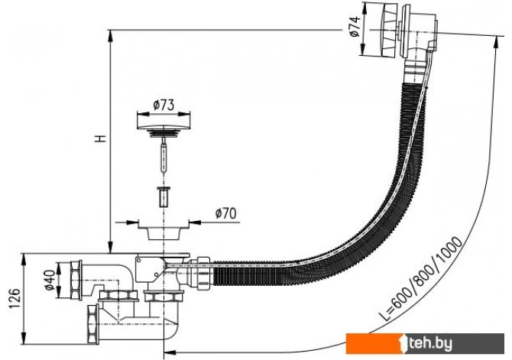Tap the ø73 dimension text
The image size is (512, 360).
point(164,105)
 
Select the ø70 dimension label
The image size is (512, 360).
point(225,213)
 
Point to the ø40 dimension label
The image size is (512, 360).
point(50,280)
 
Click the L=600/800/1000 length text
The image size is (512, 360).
point(420,278)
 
